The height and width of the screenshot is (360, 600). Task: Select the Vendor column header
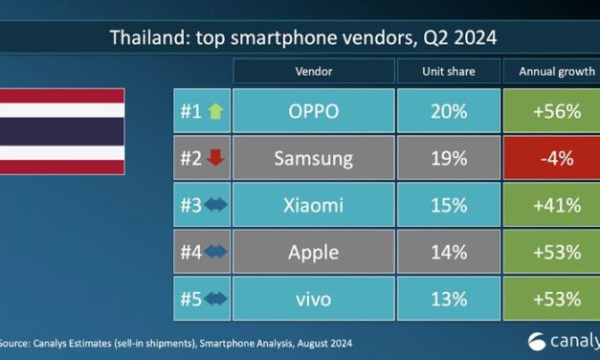(x=314, y=72)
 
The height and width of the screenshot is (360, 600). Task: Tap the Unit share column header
(x=449, y=72)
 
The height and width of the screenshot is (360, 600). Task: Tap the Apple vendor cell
(x=314, y=251)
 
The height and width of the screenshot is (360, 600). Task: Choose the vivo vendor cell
(x=314, y=299)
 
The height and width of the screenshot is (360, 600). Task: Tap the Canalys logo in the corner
(x=565, y=340)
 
